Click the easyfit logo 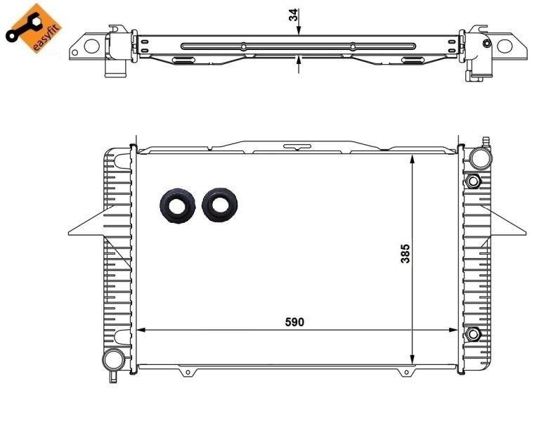[33, 28]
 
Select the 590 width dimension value [294, 321]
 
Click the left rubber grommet [177, 205]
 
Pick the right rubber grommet [219, 205]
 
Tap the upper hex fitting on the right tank [473, 182]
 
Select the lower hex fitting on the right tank [473, 333]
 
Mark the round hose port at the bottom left [112, 360]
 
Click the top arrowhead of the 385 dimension [413, 160]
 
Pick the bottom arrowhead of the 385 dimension [413, 358]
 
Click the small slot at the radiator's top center [297, 147]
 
